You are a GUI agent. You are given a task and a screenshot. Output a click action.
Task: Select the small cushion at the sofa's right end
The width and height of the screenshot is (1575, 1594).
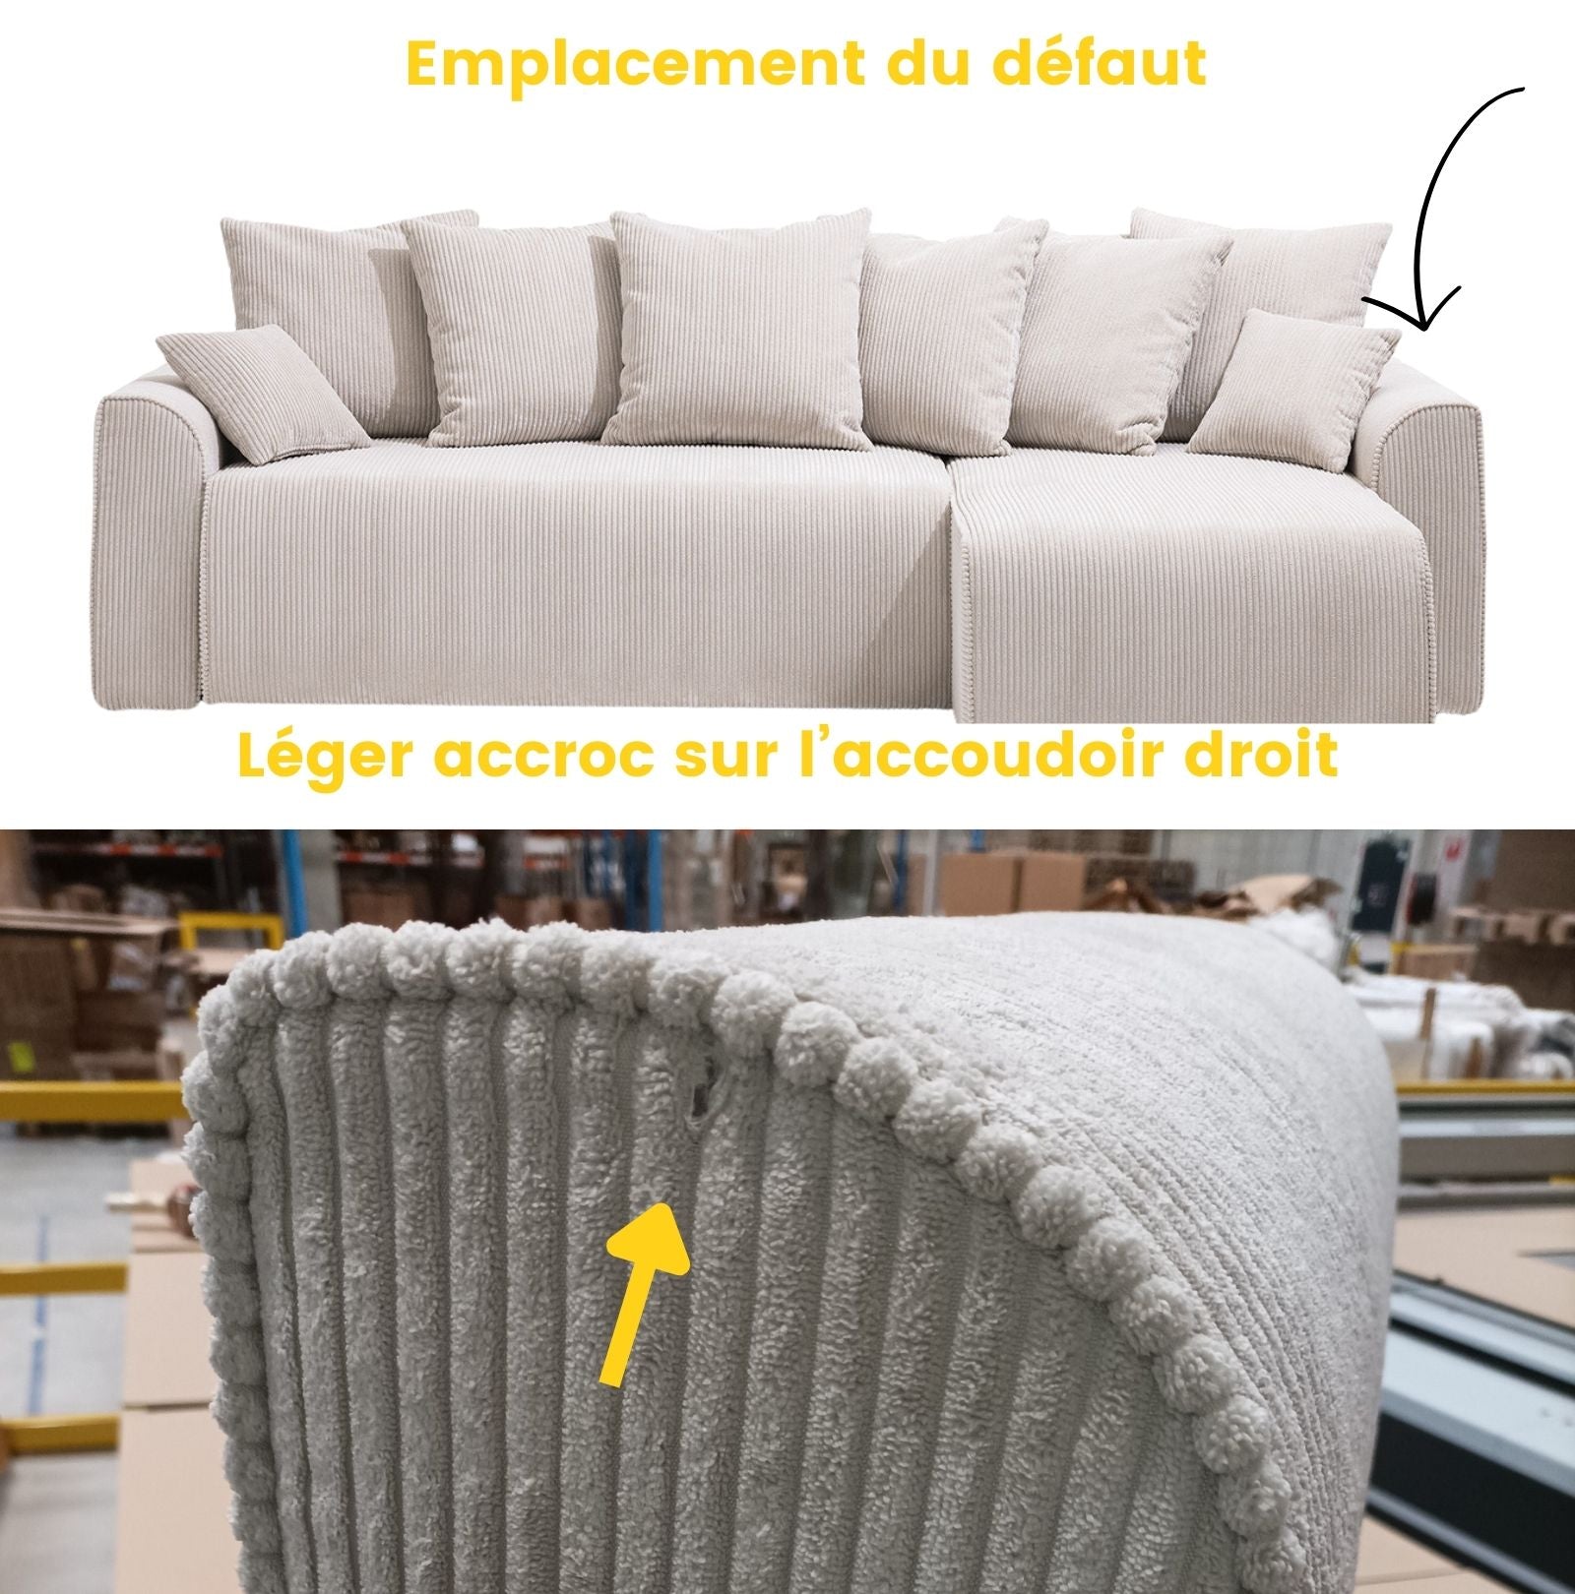[x=1293, y=388]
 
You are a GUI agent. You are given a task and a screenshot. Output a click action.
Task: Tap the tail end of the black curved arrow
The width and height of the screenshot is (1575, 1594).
[x=1522, y=90]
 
